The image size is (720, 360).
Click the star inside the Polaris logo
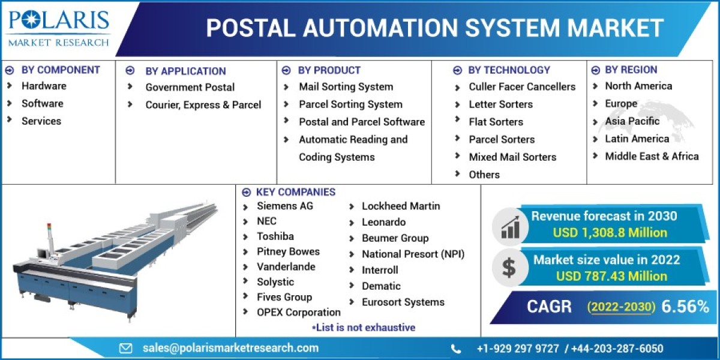[x=31, y=19]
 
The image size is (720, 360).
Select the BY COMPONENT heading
[x=61, y=70]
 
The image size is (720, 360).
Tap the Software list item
[x=43, y=103]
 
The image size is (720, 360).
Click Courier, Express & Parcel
[x=203, y=105]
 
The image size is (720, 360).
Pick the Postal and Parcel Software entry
[x=362, y=122]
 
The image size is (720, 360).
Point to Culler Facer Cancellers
[x=522, y=86]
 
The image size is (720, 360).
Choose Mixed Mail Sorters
[x=512, y=157]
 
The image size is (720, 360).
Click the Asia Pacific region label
[x=632, y=121]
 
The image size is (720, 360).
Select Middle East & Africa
[x=652, y=156]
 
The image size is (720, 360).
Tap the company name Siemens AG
[x=285, y=206]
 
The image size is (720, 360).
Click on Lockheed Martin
[x=401, y=206]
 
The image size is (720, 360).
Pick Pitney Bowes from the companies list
[x=288, y=251]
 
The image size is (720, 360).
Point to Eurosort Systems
[x=403, y=302]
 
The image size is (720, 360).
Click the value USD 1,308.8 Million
[x=610, y=232]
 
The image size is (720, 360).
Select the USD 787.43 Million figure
[x=611, y=276]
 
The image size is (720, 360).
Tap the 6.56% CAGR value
[x=685, y=307]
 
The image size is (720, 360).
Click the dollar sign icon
[x=509, y=268]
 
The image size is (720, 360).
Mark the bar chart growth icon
[x=510, y=227]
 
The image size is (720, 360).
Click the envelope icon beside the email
[x=125, y=349]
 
